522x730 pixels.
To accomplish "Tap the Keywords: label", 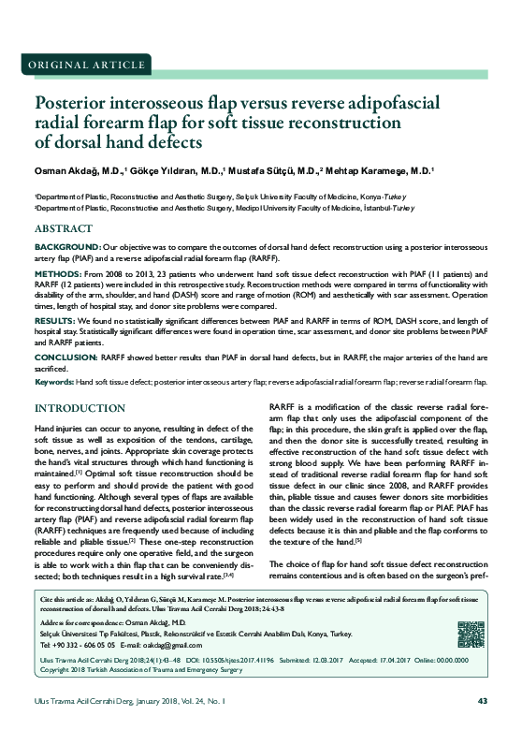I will (53, 382).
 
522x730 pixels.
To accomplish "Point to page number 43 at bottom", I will (483, 703).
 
